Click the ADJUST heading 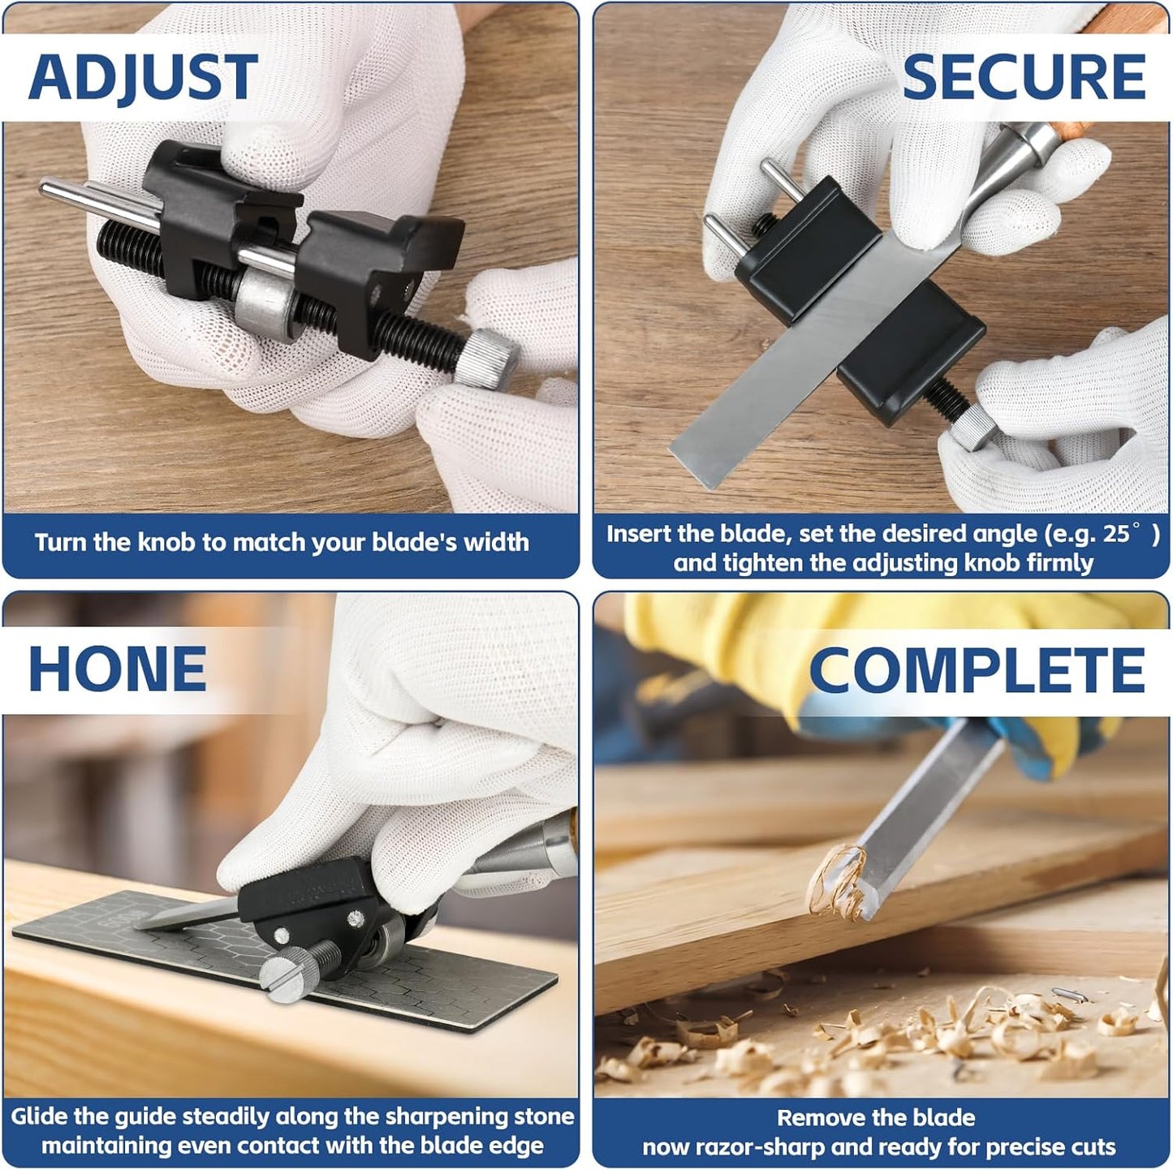[x=143, y=78]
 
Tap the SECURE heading [x=1023, y=78]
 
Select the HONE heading [x=118, y=669]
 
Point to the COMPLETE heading [x=977, y=671]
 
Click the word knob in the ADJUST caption [x=167, y=542]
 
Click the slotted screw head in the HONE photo [x=283, y=970]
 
